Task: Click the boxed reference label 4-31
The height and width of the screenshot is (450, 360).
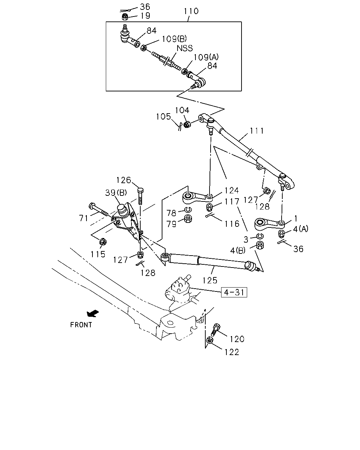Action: click(x=234, y=292)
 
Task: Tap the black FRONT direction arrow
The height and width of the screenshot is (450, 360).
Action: click(x=93, y=313)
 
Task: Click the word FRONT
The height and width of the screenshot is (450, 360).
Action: click(x=81, y=325)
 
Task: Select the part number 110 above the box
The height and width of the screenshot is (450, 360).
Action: click(x=191, y=11)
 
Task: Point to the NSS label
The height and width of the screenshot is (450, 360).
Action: click(x=185, y=48)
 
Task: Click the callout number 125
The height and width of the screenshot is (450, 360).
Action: click(x=210, y=281)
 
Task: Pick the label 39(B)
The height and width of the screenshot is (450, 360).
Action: click(x=116, y=193)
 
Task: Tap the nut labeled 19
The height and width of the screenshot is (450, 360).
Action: click(x=125, y=17)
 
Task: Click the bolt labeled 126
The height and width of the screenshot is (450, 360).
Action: click(x=140, y=197)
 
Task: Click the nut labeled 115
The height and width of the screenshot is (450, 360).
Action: click(x=103, y=242)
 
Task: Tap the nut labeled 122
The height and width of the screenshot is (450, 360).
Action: click(x=210, y=340)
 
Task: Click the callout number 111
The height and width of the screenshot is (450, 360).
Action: click(x=257, y=131)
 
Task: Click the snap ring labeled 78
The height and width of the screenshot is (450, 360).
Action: click(x=188, y=209)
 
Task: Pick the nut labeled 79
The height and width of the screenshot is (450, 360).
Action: click(x=188, y=219)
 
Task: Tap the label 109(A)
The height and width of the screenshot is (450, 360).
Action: click(x=206, y=57)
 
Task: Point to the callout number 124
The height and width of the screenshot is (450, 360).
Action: click(x=232, y=191)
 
